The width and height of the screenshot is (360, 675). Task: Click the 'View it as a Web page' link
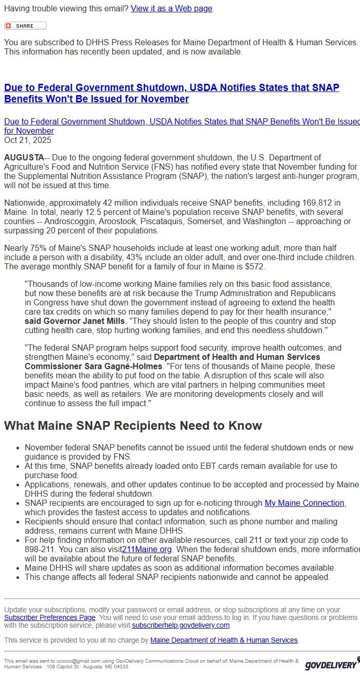171,9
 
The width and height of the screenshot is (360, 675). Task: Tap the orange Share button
25,26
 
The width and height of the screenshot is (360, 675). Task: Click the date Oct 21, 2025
28,140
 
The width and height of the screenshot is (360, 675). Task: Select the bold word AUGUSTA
24,157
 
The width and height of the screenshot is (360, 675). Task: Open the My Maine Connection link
304,503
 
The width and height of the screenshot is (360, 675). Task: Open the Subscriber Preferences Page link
50,617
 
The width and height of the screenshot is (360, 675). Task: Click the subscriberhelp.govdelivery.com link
181,625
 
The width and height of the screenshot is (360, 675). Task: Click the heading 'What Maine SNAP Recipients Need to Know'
133,426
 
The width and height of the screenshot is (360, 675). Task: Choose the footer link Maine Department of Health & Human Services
224,640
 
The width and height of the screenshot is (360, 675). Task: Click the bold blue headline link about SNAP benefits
171,93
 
